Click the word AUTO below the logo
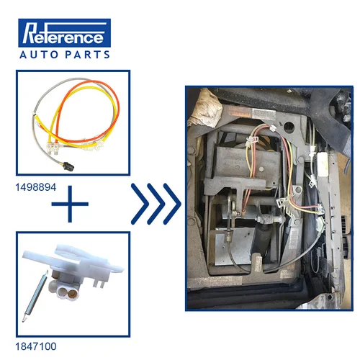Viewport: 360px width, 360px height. (40, 54)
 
